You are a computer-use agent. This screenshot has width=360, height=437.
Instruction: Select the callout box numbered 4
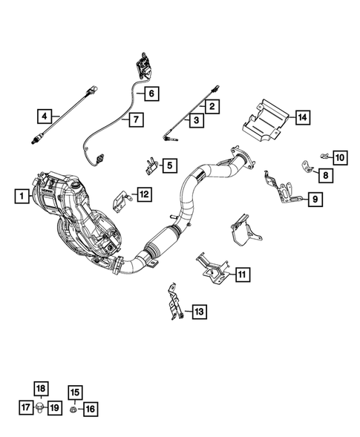point(45,116)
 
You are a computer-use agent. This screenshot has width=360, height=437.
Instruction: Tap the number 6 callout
point(151,93)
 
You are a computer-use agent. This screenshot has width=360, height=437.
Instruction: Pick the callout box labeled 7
point(134,119)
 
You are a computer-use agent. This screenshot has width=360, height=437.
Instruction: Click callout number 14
point(301,117)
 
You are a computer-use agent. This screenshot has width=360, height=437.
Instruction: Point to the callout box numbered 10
point(339,157)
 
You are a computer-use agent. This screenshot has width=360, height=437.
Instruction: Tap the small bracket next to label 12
point(120,200)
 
